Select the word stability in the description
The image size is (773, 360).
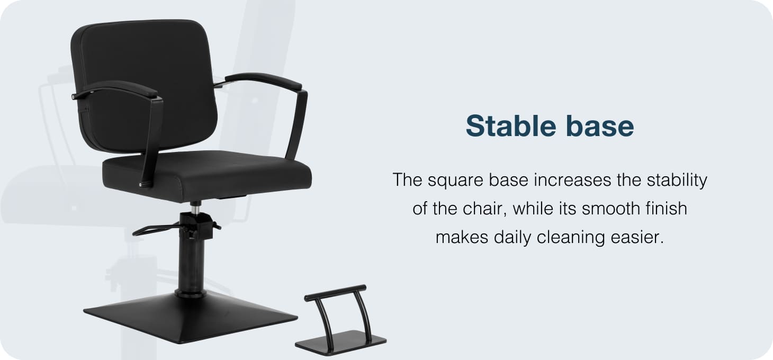point(677,180)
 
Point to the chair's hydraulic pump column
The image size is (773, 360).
point(191,262)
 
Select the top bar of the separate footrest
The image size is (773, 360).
point(335,293)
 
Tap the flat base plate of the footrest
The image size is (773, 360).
point(340,343)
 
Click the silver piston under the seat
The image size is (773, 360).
point(196,209)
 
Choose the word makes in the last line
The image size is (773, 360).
point(462,238)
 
